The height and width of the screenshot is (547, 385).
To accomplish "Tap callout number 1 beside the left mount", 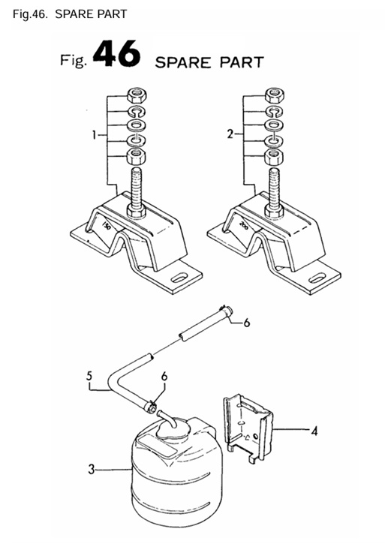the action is click(94, 134).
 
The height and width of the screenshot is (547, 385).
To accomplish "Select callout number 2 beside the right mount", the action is click(230, 134).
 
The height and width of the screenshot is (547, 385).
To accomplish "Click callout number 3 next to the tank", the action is click(91, 469).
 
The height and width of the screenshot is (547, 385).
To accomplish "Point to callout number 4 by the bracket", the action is click(315, 431).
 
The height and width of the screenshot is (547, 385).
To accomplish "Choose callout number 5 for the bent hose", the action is click(89, 376).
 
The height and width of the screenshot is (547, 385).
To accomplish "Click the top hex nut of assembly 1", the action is click(137, 95).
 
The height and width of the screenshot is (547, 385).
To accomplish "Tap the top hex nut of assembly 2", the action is click(274, 95).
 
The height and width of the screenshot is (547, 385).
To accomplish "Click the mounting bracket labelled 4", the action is click(248, 428).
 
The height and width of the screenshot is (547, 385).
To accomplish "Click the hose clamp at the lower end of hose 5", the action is click(151, 407).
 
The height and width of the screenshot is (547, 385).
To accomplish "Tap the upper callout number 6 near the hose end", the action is click(247, 323).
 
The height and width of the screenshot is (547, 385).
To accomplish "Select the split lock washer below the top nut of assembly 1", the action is click(137, 112).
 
